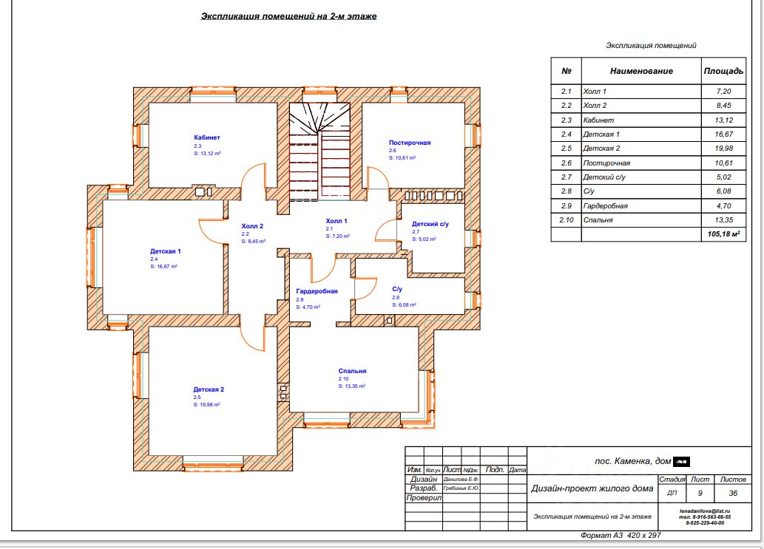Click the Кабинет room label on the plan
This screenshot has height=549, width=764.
point(207,137)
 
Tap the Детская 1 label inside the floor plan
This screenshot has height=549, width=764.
point(166,251)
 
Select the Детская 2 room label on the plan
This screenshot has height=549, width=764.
point(209,389)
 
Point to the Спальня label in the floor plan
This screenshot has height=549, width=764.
point(353,372)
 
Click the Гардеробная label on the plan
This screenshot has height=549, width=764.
point(317,291)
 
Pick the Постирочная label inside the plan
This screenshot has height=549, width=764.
point(410,143)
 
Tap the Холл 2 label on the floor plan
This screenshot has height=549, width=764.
point(252,226)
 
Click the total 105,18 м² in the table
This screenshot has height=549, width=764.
point(723,234)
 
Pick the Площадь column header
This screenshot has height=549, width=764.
point(723,72)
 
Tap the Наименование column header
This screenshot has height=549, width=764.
point(641,72)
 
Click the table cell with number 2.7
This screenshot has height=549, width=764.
point(567,177)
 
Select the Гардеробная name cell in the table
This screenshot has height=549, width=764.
point(605,205)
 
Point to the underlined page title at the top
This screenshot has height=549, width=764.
point(288,16)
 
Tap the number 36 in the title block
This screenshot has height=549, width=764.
point(732,493)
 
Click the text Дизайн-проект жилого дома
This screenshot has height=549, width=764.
point(592,488)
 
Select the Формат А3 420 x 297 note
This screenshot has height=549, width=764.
point(620,535)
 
